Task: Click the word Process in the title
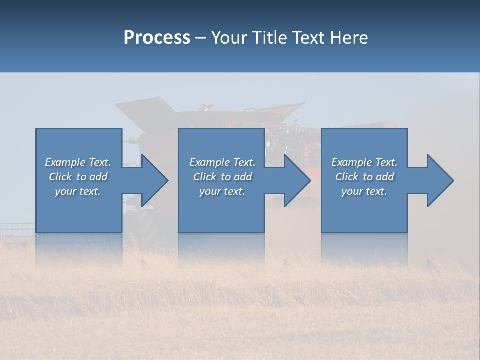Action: tap(157, 38)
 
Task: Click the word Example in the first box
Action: tap(65, 162)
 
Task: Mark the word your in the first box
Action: tap(65, 191)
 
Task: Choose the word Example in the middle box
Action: tap(209, 162)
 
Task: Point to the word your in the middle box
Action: tap(209, 191)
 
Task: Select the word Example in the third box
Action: tap(351, 162)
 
